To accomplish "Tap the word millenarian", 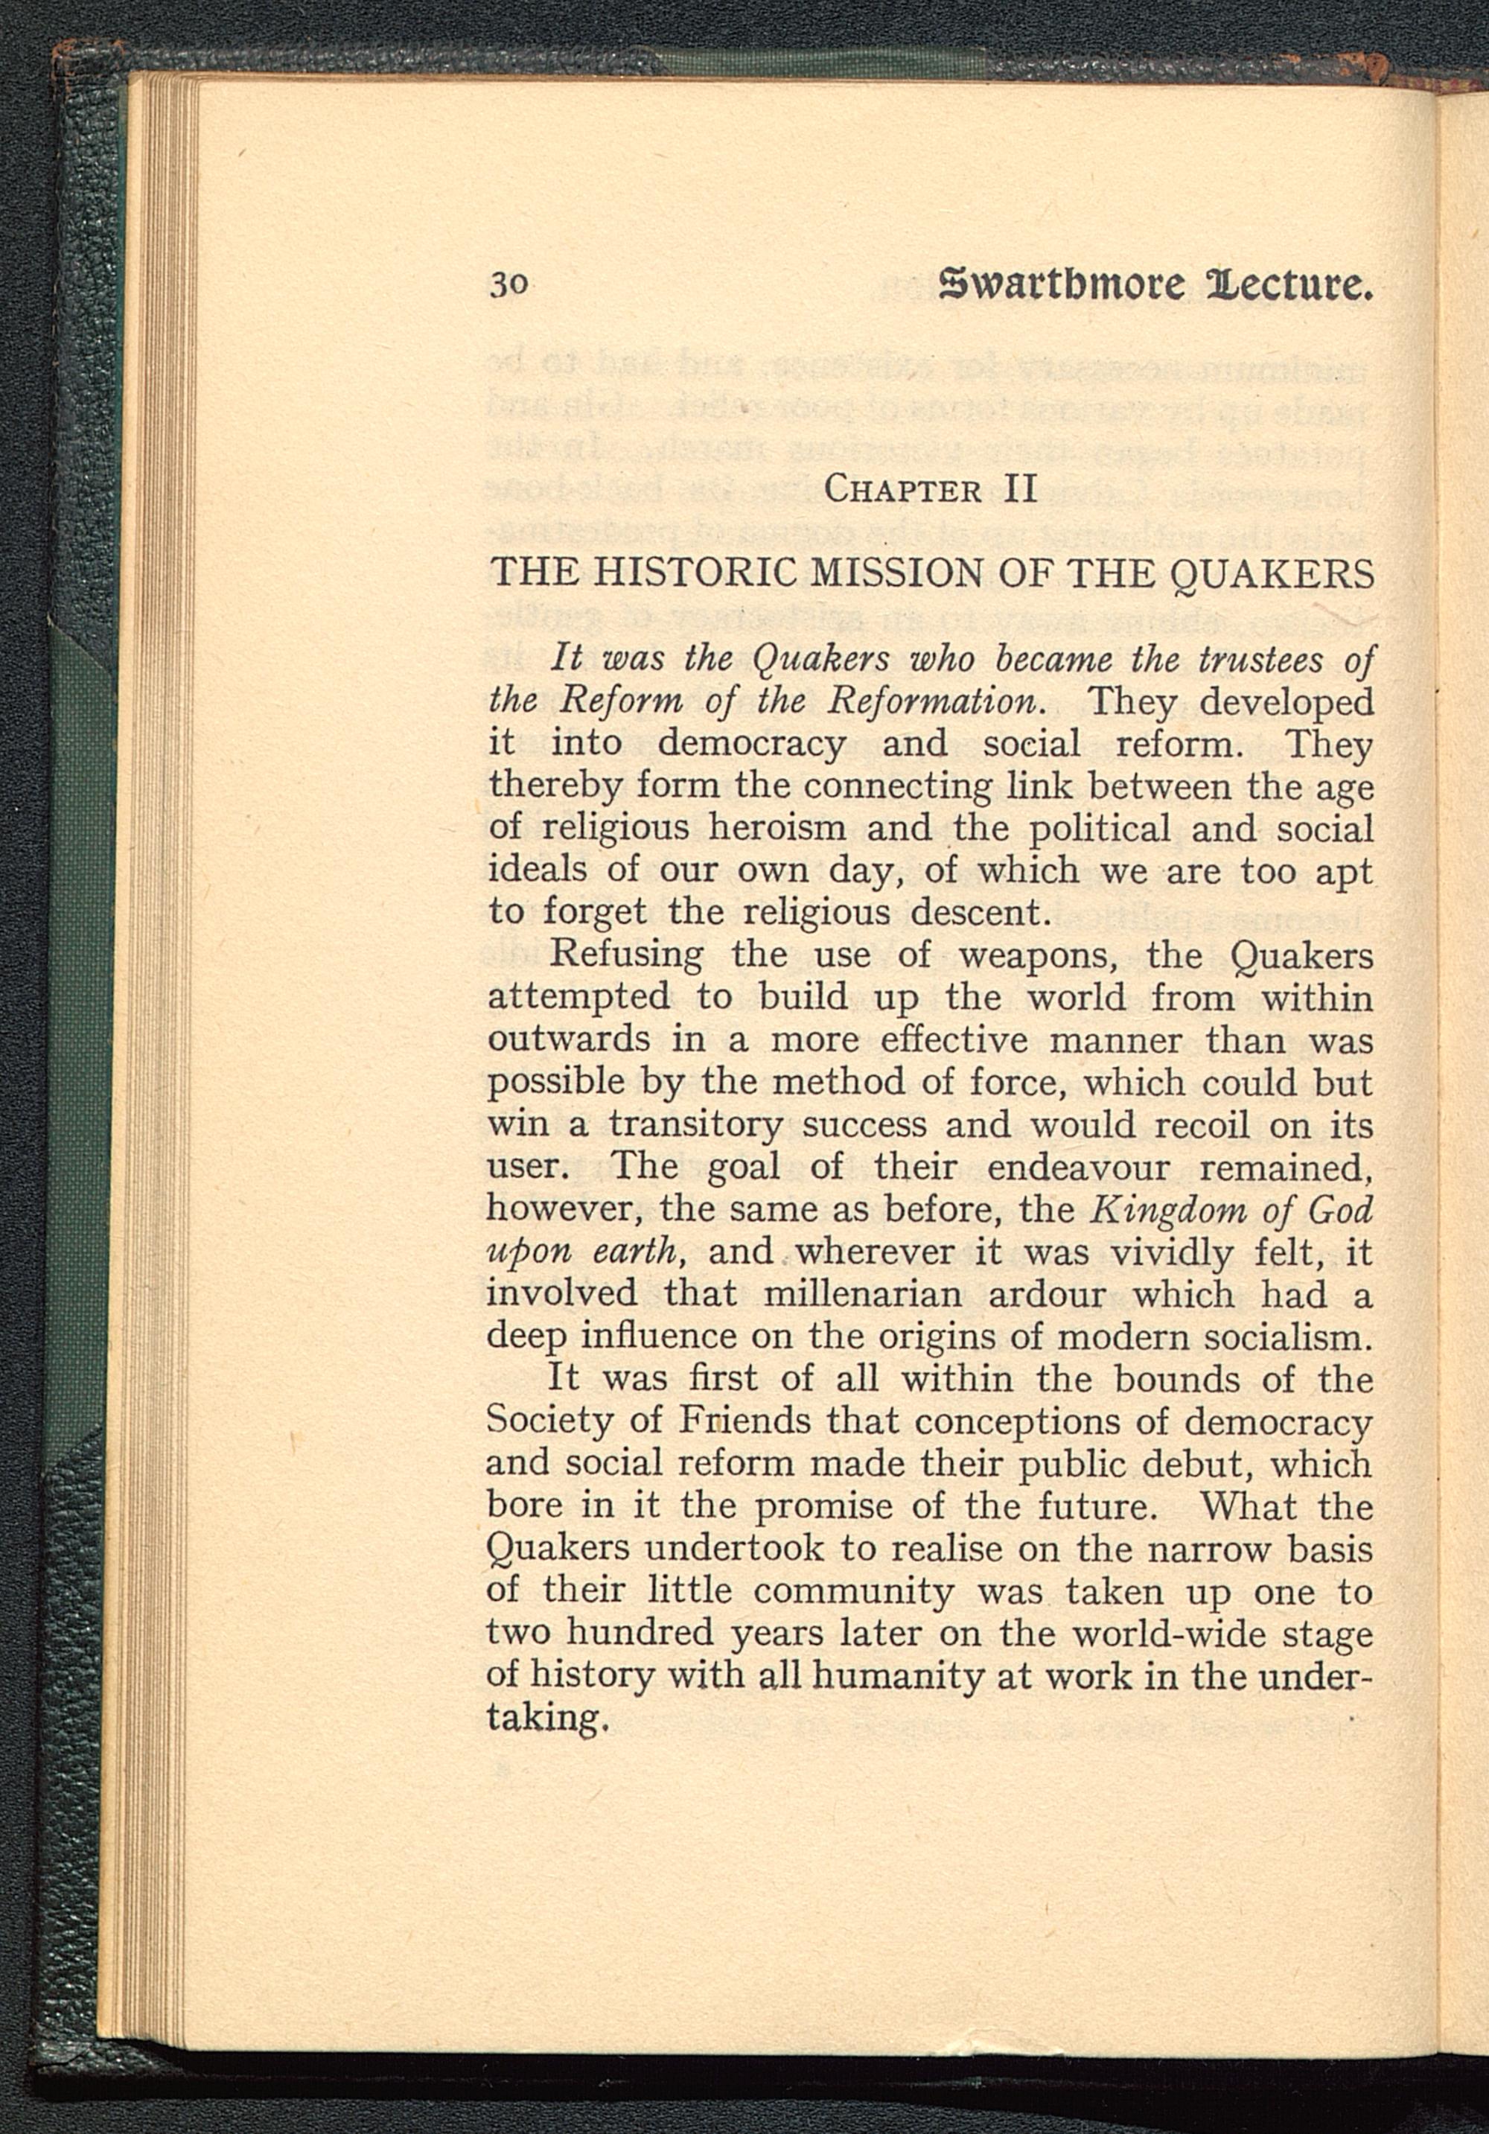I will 841,1295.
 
